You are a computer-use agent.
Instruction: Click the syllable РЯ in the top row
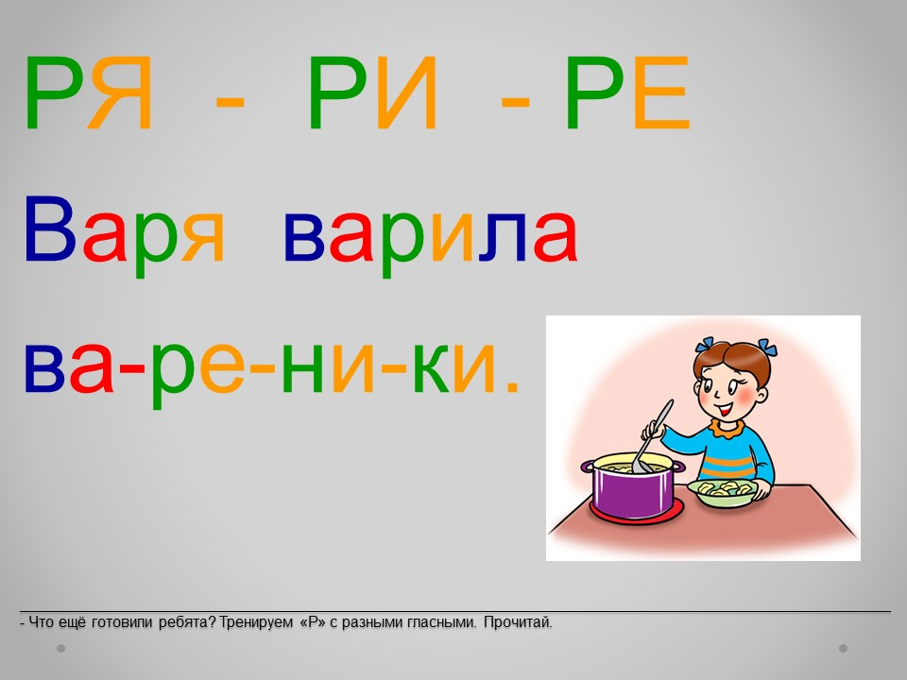pos(89,93)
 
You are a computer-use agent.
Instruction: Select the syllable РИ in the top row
pos(372,93)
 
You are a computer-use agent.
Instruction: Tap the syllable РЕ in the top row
pos(627,93)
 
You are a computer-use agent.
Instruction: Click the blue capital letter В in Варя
pos(50,229)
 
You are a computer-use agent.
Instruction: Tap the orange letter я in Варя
pos(202,237)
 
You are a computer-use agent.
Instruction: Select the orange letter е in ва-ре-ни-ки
pos(222,367)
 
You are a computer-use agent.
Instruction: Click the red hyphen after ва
pos(130,368)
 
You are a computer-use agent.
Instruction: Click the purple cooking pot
pos(632,485)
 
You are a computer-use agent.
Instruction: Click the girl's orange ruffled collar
pos(728,429)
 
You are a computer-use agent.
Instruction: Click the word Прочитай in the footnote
pos(518,622)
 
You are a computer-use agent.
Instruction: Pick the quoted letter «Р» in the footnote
pos(313,622)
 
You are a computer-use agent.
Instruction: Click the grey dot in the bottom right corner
pos(843,648)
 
